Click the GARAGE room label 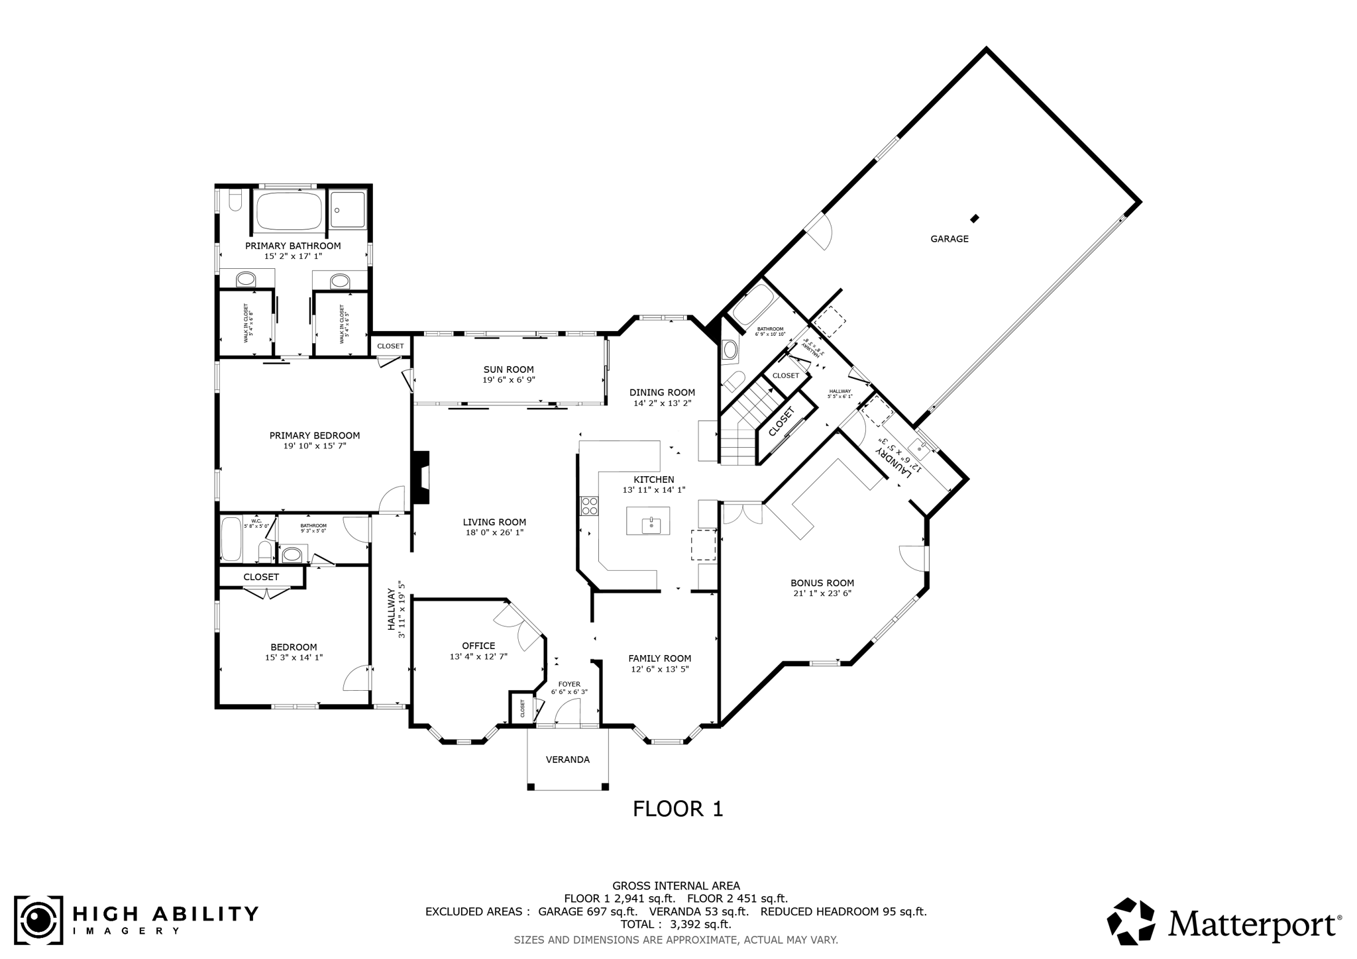(949, 239)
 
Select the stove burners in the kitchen (588, 506)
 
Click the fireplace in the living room (420, 478)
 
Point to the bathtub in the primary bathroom (289, 210)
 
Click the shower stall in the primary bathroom (348, 210)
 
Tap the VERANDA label (567, 760)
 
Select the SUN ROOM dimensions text (508, 380)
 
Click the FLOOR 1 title (677, 809)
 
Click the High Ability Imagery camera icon (38, 921)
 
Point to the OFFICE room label (478, 646)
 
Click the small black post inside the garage (974, 218)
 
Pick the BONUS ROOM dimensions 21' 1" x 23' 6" (822, 593)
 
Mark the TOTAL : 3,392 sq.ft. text (675, 924)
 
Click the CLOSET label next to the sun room (390, 346)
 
